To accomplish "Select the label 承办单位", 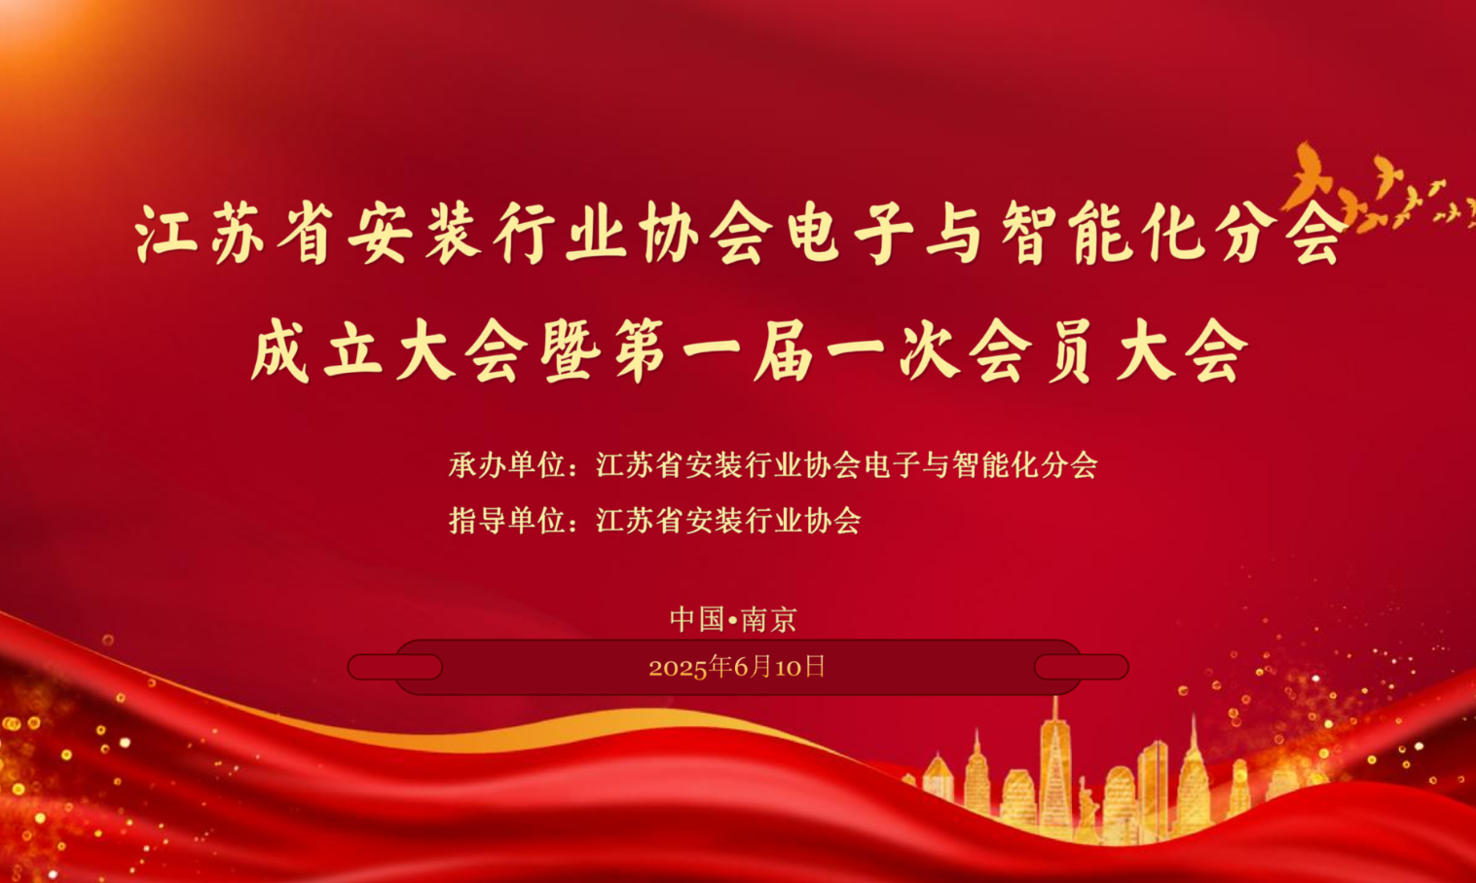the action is (x=507, y=465).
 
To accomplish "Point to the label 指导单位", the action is (x=507, y=521).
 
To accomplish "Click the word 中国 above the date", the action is (x=697, y=619).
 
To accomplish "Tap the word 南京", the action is (x=769, y=619).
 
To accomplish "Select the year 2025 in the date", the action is (x=678, y=668).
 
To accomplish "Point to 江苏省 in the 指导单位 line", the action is (x=639, y=521).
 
